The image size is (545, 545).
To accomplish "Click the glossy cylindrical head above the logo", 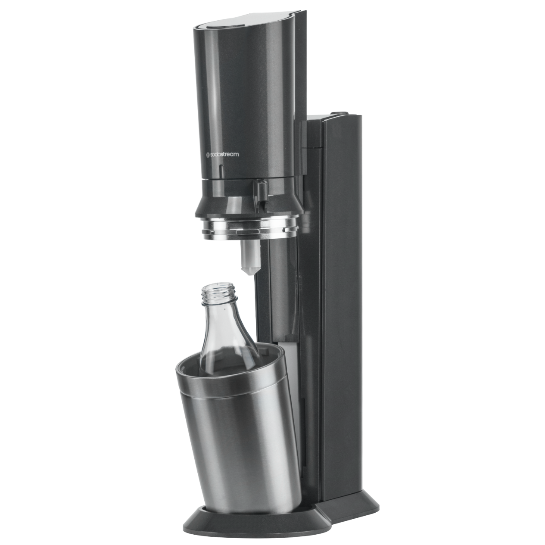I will [x=241, y=86].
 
